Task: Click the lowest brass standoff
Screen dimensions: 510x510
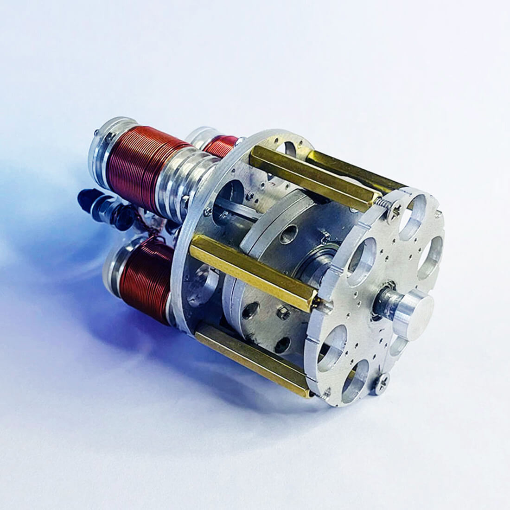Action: click(x=253, y=358)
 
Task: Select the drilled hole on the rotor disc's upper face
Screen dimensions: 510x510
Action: click(x=289, y=232)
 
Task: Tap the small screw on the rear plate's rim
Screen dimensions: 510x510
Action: click(x=207, y=212)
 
